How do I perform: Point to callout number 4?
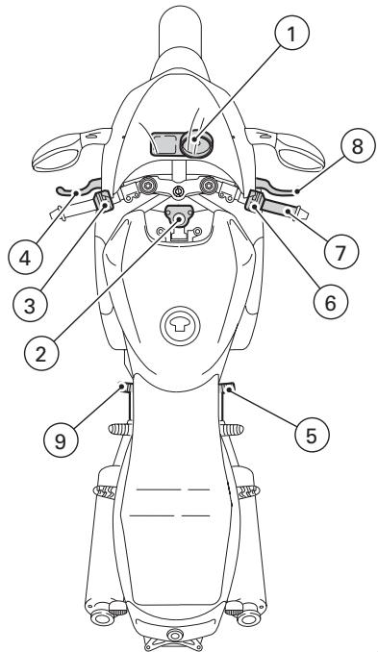pos(24,258)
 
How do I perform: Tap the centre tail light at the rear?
pos(175,636)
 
